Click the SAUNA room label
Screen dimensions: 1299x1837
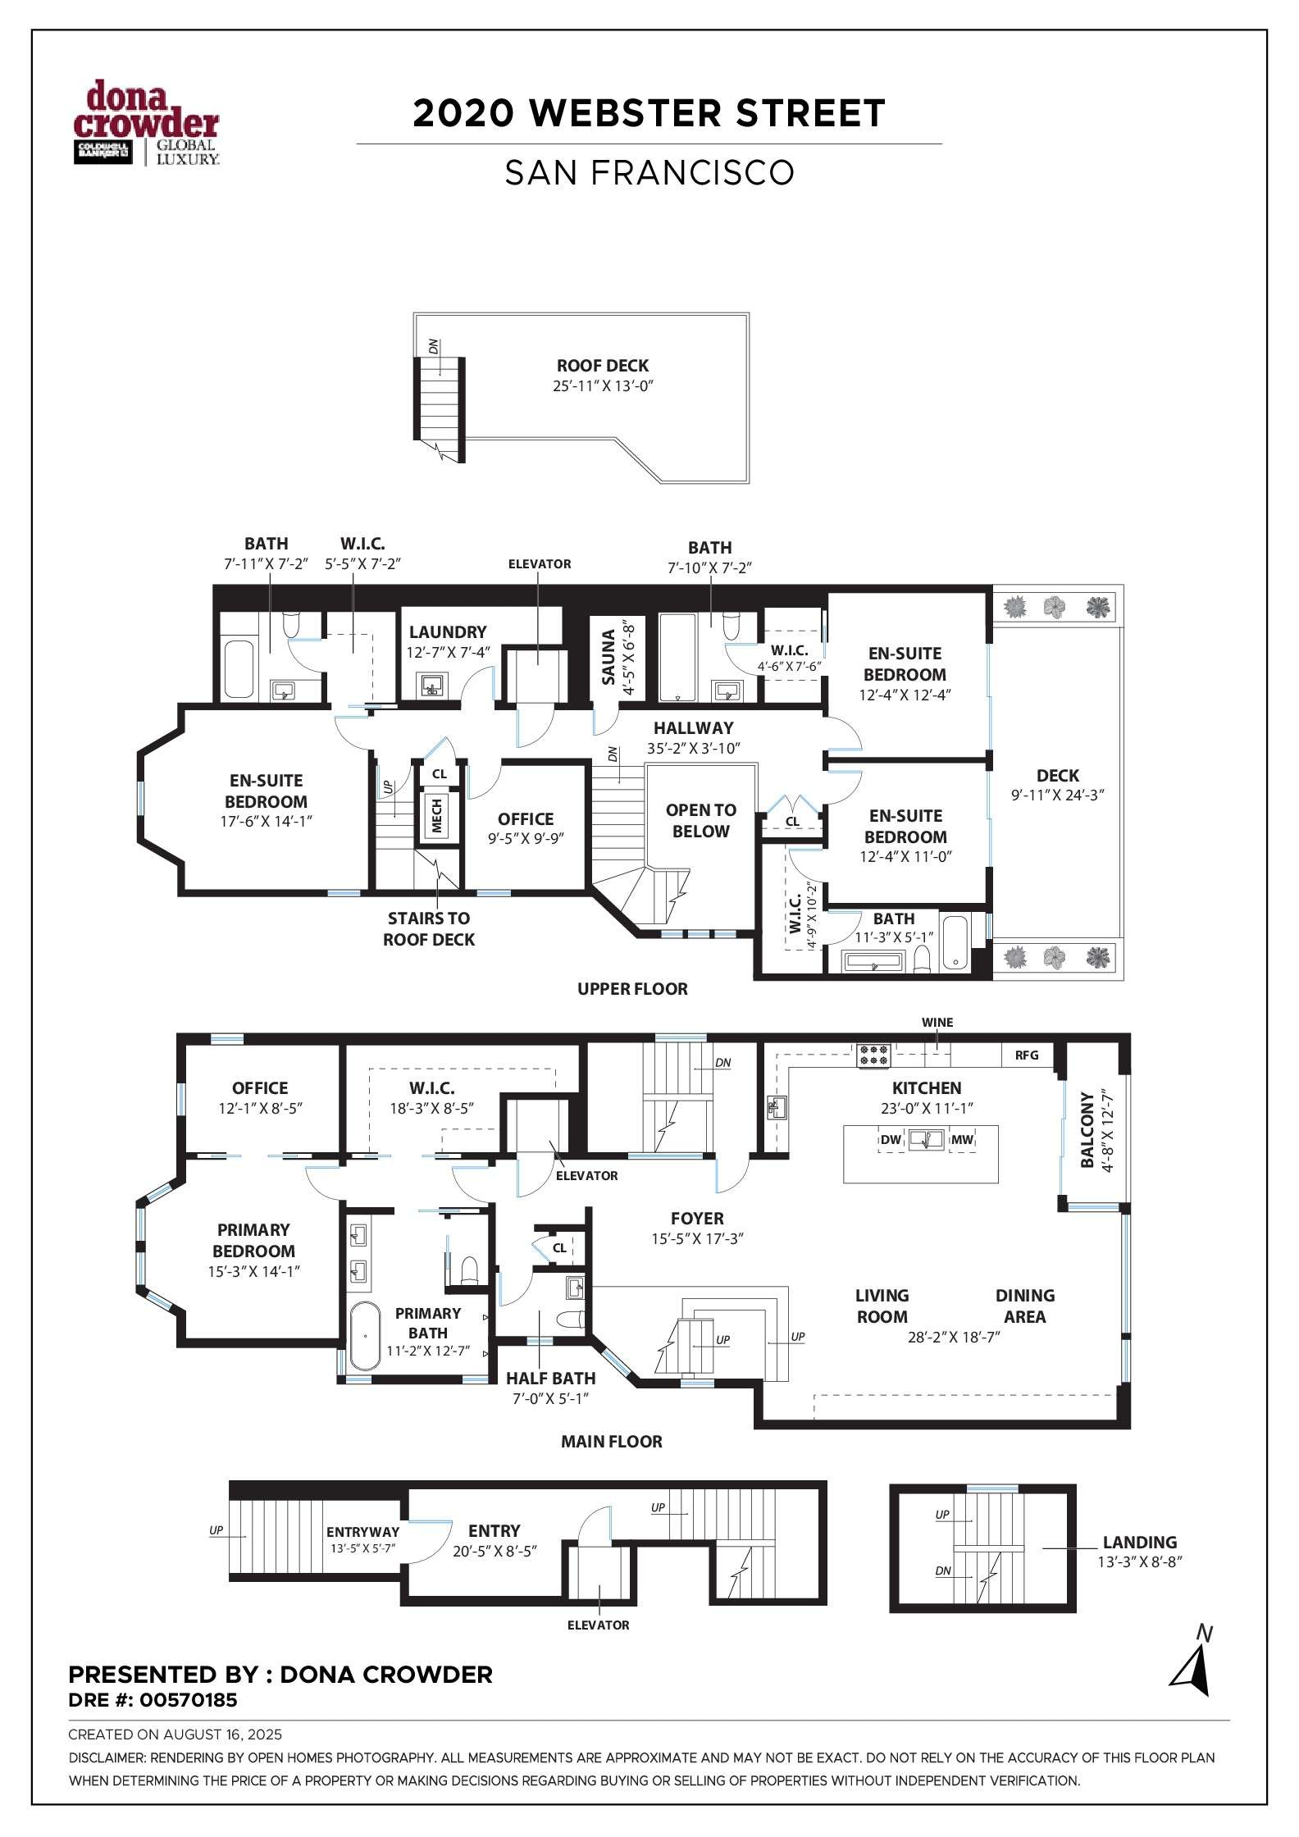(608, 657)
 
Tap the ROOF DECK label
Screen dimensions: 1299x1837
(603, 366)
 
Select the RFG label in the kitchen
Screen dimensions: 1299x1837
(1027, 1055)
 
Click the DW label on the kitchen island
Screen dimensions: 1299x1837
(891, 1140)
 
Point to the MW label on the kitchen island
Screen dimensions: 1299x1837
(962, 1140)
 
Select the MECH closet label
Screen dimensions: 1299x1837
(436, 816)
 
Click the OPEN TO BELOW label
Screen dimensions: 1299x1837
(700, 820)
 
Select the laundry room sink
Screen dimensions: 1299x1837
(431, 685)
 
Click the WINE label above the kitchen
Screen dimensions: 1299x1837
(937, 1023)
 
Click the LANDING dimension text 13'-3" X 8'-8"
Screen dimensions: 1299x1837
(1140, 1562)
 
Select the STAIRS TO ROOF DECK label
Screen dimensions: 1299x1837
(429, 929)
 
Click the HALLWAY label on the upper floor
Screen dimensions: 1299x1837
(694, 727)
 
